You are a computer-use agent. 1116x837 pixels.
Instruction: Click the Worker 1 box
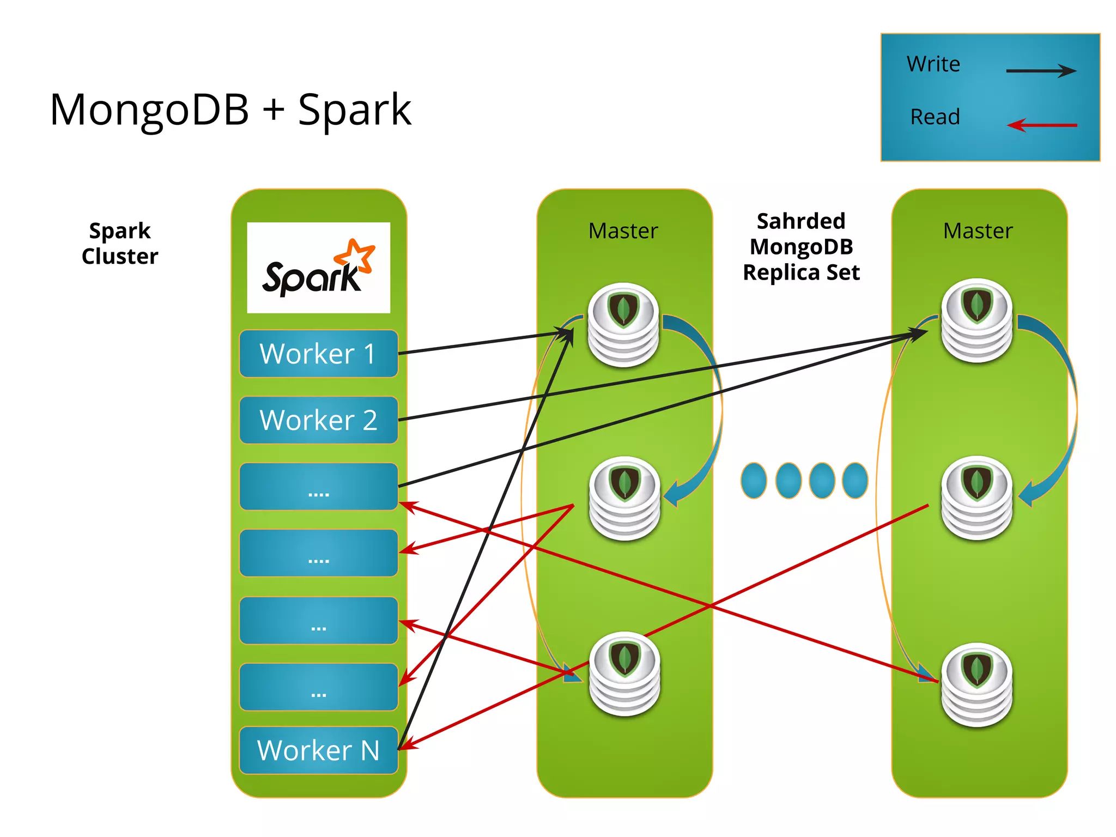click(x=318, y=354)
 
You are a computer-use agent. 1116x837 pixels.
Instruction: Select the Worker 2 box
click(x=318, y=420)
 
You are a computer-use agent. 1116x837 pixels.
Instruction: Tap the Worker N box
click(x=318, y=750)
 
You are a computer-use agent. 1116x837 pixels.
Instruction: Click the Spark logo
click(x=318, y=268)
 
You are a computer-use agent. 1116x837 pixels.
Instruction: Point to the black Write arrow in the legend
click(x=1041, y=70)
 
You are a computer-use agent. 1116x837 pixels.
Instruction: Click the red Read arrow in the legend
click(x=1041, y=125)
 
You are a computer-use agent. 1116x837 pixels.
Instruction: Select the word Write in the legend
click(x=933, y=64)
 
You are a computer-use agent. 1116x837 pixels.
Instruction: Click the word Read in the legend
click(x=935, y=117)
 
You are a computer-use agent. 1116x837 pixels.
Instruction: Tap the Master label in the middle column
click(x=623, y=231)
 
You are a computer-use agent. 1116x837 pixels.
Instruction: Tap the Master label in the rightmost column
click(x=978, y=231)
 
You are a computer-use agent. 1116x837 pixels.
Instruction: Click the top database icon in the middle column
click(x=623, y=325)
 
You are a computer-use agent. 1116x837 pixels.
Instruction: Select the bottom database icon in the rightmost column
click(x=977, y=685)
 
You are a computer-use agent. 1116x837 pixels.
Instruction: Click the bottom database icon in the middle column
click(x=624, y=674)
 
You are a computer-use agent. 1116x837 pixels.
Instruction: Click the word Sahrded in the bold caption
click(x=801, y=221)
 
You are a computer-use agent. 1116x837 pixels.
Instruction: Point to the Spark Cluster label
click(x=120, y=244)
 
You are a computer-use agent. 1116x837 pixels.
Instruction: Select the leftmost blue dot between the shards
click(x=754, y=481)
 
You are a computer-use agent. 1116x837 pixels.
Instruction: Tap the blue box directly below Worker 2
click(x=318, y=487)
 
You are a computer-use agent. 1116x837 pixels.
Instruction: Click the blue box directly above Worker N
click(x=318, y=687)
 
